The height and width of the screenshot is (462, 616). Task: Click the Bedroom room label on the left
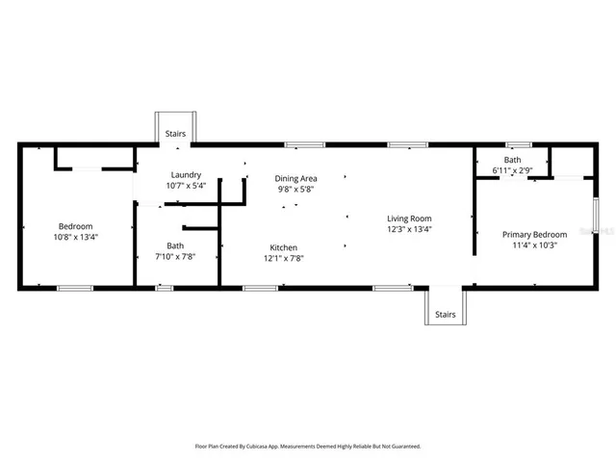76,226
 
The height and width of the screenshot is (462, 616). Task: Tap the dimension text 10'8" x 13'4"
76,237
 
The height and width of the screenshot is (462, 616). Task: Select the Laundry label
186,174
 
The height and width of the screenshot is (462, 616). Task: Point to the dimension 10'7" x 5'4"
186,185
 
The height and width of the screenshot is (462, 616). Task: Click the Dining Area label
295,178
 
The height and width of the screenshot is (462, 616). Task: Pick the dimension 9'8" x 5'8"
295,189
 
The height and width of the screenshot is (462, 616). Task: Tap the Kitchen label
283,246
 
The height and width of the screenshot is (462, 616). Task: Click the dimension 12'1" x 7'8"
283,258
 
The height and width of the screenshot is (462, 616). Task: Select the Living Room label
409,218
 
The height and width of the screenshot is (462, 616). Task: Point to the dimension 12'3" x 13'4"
409,229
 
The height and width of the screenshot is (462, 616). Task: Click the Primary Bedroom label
535,234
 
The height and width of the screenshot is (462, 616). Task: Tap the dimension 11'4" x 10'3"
535,244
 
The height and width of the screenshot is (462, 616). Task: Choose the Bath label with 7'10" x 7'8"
175,245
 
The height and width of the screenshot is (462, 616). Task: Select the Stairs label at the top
175,134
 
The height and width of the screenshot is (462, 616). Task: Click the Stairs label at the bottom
445,314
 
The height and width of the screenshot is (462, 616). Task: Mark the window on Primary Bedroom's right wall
596,216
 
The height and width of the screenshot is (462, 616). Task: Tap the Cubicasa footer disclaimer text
307,446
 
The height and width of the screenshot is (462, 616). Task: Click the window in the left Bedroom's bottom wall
74,288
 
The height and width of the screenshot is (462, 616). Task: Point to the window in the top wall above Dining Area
304,144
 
